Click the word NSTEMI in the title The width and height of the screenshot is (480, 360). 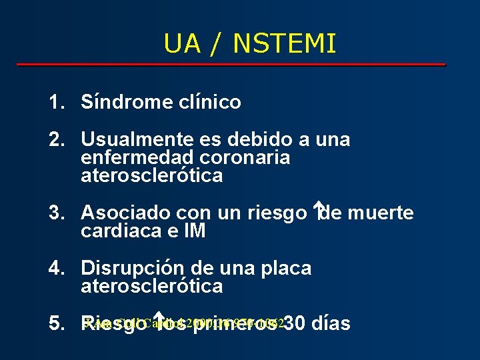[285, 44]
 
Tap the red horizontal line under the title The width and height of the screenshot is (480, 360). [231, 65]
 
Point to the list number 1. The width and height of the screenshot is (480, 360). [56, 103]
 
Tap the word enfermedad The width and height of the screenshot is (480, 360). [137, 158]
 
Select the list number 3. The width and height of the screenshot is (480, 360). [56, 213]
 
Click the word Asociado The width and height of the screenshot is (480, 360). [125, 213]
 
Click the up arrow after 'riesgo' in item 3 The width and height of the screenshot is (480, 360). [318, 211]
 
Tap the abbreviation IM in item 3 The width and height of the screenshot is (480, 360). [193, 231]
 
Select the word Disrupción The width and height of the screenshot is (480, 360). [133, 269]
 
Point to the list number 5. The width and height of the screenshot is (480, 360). [56, 324]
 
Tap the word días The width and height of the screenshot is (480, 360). [331, 324]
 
